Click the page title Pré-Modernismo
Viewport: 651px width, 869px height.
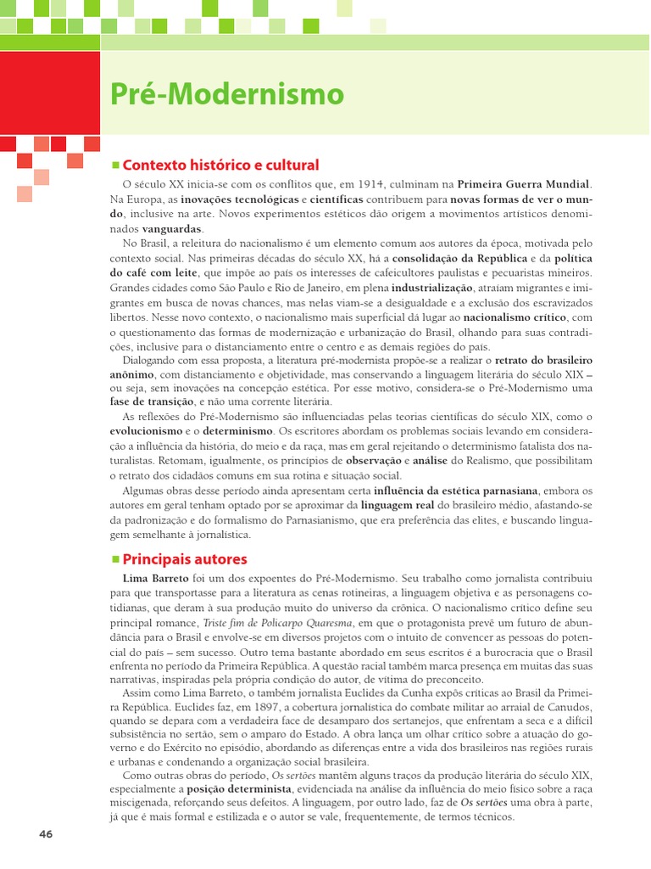(228, 94)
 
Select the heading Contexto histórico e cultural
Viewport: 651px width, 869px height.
(220, 165)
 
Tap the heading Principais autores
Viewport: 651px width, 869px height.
(185, 559)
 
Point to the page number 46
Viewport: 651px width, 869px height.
(46, 833)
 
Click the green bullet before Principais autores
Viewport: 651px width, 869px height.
(116, 558)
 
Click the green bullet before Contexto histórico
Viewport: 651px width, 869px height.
(116, 164)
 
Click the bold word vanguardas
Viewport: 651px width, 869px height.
(172, 229)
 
